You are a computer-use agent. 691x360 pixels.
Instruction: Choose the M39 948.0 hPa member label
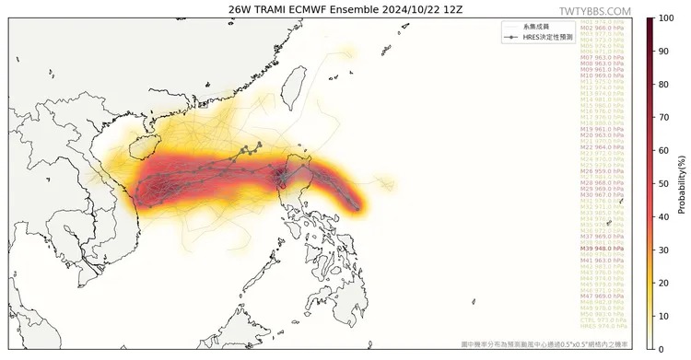coord(602,249)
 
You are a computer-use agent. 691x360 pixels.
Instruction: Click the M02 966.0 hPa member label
coord(602,29)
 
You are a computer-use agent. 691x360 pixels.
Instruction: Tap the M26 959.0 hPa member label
coord(602,171)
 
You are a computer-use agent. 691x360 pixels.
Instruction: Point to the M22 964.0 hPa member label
coord(602,147)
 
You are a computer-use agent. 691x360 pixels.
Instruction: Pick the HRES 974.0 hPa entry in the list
coord(602,326)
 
